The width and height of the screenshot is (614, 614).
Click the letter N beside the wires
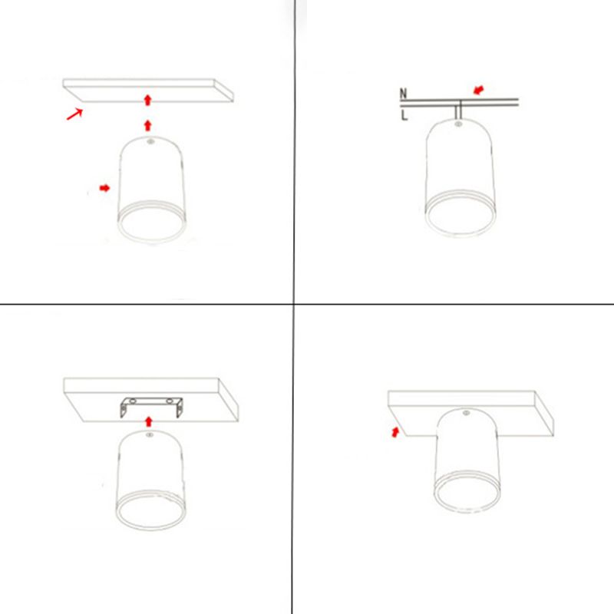(x=404, y=94)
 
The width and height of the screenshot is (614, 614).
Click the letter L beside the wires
(x=404, y=115)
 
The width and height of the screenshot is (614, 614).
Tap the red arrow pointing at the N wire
(x=478, y=90)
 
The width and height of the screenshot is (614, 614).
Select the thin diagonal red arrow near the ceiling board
(x=74, y=114)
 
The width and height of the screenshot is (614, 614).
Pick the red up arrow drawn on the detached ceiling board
(x=147, y=100)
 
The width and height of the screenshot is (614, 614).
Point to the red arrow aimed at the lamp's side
(x=104, y=188)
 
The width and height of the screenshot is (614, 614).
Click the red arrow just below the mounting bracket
(x=148, y=421)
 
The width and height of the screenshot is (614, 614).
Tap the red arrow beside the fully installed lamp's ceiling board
(x=395, y=432)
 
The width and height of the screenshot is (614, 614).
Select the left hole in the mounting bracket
(x=133, y=401)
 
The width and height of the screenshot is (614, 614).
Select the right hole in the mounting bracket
(x=169, y=401)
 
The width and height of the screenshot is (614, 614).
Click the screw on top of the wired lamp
(x=457, y=124)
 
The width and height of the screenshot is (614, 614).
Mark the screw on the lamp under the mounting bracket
(x=149, y=434)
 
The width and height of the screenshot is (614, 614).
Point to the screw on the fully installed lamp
(x=466, y=413)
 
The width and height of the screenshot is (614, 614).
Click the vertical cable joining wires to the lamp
(x=458, y=110)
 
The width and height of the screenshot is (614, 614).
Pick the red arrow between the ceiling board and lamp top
(x=147, y=126)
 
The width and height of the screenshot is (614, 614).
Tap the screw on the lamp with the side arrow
(x=150, y=141)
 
